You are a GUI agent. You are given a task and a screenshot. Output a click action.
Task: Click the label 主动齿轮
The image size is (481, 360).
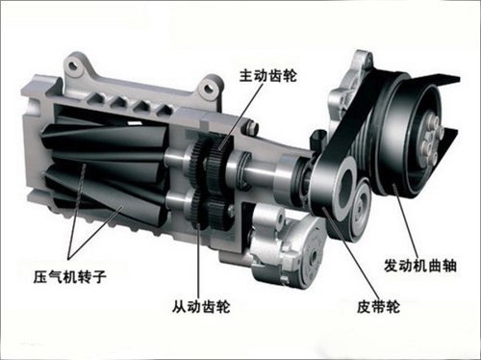[268, 76]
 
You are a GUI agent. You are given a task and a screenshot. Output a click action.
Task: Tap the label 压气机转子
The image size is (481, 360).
[70, 276]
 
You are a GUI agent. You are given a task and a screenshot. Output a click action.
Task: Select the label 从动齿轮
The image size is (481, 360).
[201, 307]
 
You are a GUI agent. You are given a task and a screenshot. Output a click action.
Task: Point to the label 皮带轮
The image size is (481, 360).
[378, 307]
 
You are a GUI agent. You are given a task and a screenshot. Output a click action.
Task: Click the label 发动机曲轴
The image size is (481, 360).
[420, 266]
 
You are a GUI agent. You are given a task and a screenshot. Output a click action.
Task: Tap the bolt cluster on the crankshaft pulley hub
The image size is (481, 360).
[431, 138]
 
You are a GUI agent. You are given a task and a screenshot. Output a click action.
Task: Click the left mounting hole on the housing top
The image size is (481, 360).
[74, 65]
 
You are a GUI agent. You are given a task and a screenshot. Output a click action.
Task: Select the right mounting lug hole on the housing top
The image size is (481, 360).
[210, 87]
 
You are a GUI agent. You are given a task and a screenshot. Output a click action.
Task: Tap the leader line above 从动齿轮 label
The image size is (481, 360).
[199, 261]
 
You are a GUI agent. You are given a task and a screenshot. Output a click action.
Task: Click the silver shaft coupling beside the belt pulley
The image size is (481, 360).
[287, 180]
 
